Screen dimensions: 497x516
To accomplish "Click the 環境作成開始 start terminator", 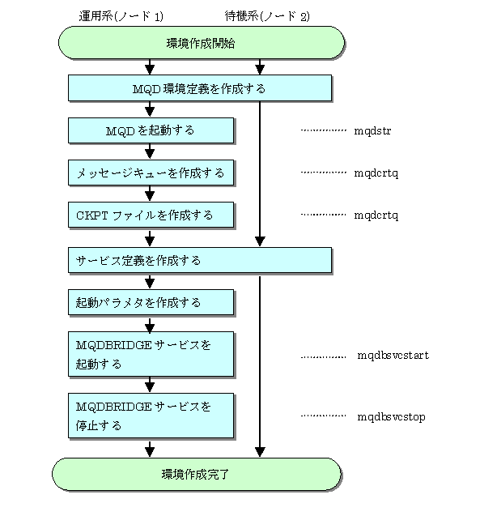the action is [202, 43].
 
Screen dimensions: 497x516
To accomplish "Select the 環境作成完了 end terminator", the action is [197, 474].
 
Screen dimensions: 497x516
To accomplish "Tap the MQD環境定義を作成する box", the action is [200, 87].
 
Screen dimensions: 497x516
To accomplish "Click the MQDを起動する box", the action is [151, 130].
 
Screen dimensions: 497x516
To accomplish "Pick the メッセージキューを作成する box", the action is [151, 173].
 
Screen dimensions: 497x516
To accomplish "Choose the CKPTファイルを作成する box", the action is [151, 215].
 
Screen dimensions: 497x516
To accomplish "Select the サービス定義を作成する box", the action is [200, 260].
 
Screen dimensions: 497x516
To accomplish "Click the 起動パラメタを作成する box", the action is [151, 302].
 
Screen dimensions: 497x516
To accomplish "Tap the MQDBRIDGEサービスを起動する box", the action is [151, 354].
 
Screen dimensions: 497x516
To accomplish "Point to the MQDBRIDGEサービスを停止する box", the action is [151, 416].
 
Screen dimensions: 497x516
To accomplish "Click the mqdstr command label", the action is [372, 131].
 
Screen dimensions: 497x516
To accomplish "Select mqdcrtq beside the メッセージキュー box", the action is [376, 173].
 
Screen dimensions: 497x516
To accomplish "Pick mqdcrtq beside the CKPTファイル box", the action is [376, 215].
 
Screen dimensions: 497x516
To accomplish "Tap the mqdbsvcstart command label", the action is [393, 356].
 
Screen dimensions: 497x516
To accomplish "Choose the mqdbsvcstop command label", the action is [392, 417].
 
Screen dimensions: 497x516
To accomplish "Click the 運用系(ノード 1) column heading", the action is [121, 16].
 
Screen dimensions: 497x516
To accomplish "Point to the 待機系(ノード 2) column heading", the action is [267, 16].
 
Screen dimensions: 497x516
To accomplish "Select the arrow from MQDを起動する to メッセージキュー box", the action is [150, 151].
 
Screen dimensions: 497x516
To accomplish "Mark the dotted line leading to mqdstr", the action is [323, 130].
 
